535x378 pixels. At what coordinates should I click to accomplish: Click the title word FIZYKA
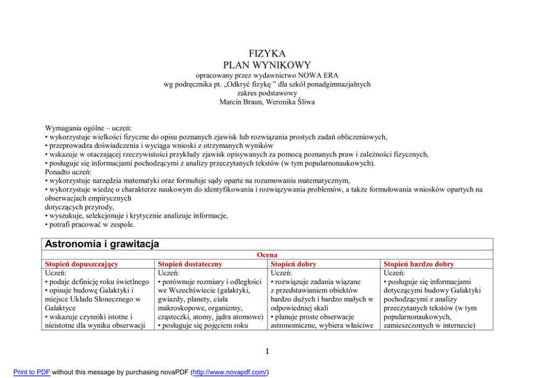point(267,53)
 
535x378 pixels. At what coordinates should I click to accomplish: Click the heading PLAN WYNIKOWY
point(267,65)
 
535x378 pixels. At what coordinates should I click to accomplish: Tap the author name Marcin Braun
point(242,101)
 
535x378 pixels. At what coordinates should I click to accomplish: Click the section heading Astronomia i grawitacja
point(102,244)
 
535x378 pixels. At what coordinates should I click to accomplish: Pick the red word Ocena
point(267,255)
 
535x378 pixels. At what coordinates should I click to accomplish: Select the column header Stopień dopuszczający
point(81,264)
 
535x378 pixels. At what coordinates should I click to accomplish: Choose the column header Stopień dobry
point(293,264)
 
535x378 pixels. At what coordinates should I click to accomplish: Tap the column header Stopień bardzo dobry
point(419,264)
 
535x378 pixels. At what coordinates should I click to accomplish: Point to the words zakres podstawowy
point(267,93)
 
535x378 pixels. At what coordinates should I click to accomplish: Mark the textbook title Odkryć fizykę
point(257,84)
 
